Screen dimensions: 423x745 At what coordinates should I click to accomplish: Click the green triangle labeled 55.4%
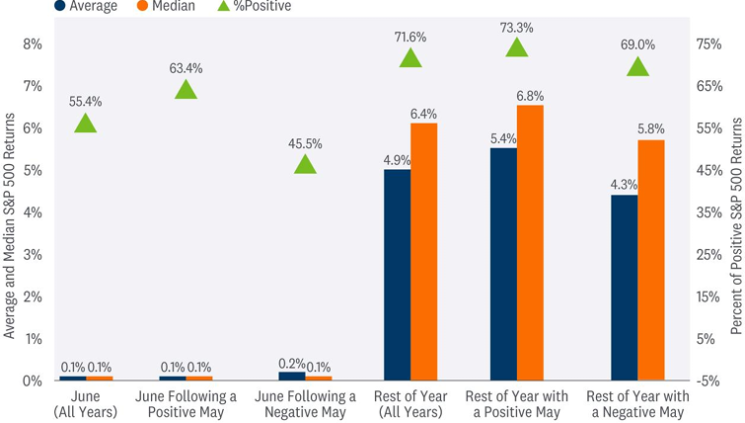85,124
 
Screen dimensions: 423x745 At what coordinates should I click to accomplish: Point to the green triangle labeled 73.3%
516,48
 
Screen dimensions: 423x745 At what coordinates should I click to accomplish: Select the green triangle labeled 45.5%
305,165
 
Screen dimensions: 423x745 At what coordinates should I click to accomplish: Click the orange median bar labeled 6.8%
530,242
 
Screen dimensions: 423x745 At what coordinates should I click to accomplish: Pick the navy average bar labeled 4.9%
398,275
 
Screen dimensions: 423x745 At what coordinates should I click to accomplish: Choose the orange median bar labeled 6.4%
423,251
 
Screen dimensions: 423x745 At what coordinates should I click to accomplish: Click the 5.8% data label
651,128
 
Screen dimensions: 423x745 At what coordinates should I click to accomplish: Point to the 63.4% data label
185,68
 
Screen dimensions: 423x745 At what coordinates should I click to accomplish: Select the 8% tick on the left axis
33,43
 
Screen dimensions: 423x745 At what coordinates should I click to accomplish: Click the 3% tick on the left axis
33,255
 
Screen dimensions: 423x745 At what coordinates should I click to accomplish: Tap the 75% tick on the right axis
708,43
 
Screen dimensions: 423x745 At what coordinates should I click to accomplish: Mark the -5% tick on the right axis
708,381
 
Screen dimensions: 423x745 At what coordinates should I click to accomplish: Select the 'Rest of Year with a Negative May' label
637,403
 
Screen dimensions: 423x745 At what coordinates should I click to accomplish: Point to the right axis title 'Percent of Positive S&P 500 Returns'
736,211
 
